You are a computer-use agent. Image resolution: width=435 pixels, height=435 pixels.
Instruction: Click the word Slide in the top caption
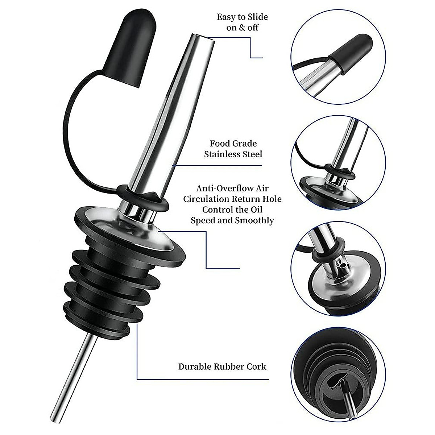[x=257, y=17]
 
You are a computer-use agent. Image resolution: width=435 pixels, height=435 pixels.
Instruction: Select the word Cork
[x=256, y=366]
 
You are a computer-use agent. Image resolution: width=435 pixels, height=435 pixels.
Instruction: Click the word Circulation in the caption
[x=213, y=199]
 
